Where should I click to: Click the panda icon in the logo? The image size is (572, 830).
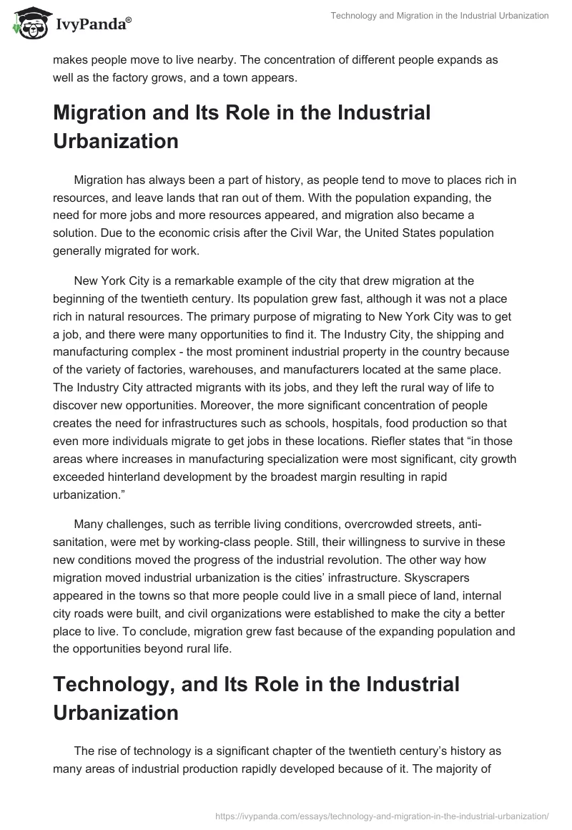[x=29, y=23]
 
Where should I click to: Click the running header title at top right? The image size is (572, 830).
[x=439, y=16]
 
